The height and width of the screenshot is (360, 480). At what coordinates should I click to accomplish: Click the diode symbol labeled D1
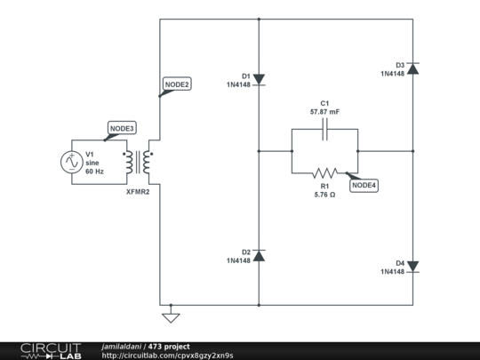(258, 79)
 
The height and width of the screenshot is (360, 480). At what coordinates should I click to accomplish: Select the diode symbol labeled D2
(258, 256)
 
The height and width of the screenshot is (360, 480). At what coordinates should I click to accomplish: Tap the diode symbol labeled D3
(413, 68)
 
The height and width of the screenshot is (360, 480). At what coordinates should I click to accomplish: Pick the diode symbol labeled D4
(413, 266)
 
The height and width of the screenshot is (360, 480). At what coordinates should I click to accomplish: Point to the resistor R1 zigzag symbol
(324, 172)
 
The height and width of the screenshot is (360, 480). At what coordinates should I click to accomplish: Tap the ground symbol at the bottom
(172, 316)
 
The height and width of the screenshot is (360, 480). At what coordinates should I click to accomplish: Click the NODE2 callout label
(176, 84)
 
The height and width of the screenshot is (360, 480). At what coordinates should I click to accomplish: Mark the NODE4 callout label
(364, 185)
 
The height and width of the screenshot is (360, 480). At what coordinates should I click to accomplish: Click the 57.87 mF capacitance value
(324, 113)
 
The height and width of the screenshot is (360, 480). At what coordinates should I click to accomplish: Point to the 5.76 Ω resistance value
(324, 194)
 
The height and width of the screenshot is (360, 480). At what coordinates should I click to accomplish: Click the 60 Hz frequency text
(95, 171)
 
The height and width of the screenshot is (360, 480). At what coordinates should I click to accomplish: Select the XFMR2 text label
(139, 191)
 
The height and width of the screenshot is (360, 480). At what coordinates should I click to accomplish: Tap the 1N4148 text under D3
(392, 74)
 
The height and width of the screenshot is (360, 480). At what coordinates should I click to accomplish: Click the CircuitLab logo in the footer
(40, 350)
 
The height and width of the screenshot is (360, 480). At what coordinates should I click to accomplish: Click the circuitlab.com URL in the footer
(168, 356)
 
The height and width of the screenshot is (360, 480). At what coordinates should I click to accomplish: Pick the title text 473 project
(169, 346)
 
